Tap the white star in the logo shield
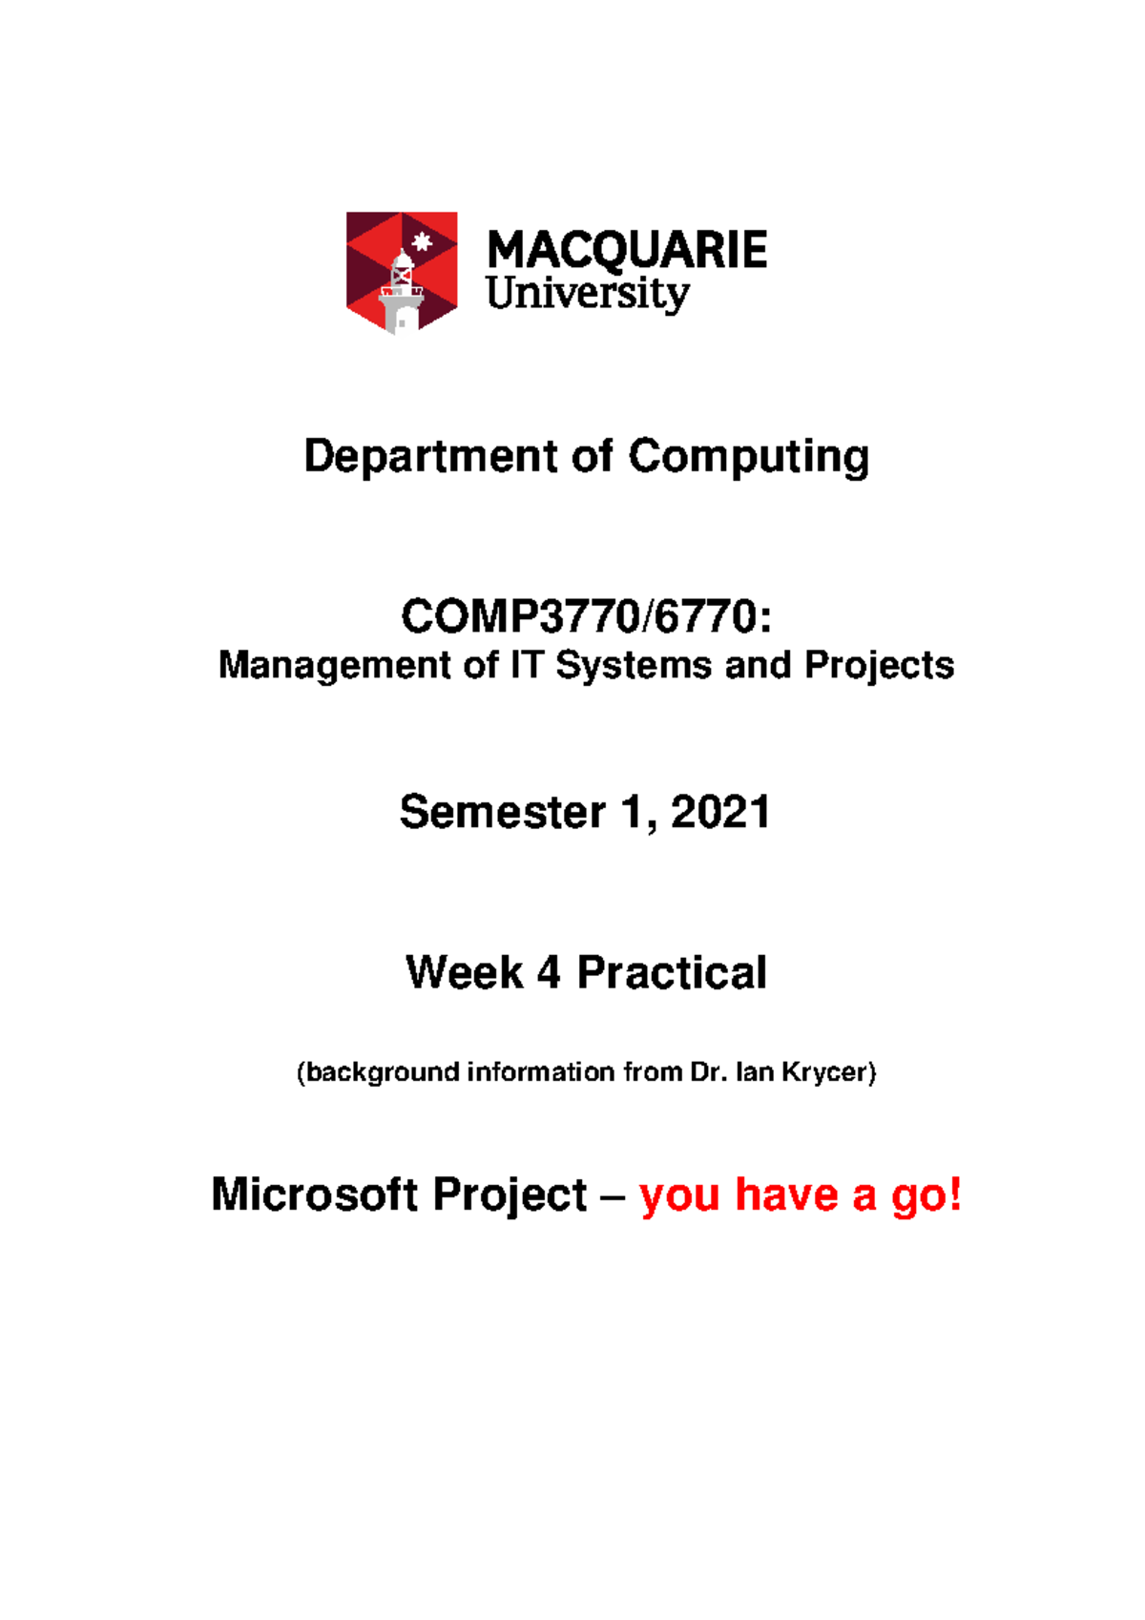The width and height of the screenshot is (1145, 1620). coord(422,240)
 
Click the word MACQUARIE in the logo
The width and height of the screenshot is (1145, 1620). coord(627,251)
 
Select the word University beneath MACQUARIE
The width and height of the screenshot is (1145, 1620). coord(587,293)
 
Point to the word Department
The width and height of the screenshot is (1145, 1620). coord(430,457)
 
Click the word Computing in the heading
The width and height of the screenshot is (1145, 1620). coord(748,457)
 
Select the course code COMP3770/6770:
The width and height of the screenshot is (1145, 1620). coord(586,616)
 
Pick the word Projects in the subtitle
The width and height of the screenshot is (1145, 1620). coord(879,665)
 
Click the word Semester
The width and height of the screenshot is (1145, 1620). coord(502,813)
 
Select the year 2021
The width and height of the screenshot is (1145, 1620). coord(720,813)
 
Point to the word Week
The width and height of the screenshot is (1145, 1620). coord(464,973)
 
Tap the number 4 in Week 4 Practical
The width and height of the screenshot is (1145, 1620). coord(549,973)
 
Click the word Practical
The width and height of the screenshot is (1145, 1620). coord(672,973)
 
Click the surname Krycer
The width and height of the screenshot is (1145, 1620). coord(826,1072)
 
